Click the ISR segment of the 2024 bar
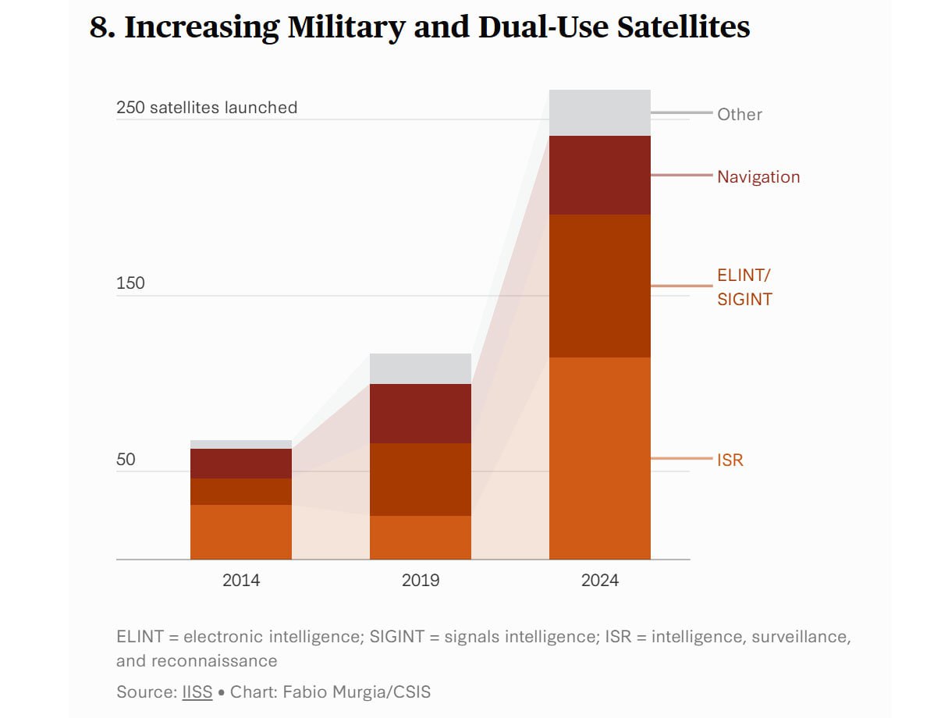(599, 458)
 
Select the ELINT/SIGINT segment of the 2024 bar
(599, 286)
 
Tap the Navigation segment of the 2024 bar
(599, 175)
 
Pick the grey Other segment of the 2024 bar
(599, 112)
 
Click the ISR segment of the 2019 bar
(420, 537)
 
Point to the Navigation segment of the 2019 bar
(420, 413)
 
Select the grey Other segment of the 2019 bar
(420, 368)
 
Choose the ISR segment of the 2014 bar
(241, 531)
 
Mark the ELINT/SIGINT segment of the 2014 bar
(241, 491)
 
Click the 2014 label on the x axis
(241, 580)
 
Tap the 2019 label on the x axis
(420, 580)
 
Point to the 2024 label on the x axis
(599, 580)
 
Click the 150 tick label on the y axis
(130, 283)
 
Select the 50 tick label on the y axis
(126, 459)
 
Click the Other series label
(740, 114)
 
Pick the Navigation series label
(758, 176)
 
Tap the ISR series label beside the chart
(730, 460)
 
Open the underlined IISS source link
(197, 691)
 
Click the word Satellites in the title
(683, 27)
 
